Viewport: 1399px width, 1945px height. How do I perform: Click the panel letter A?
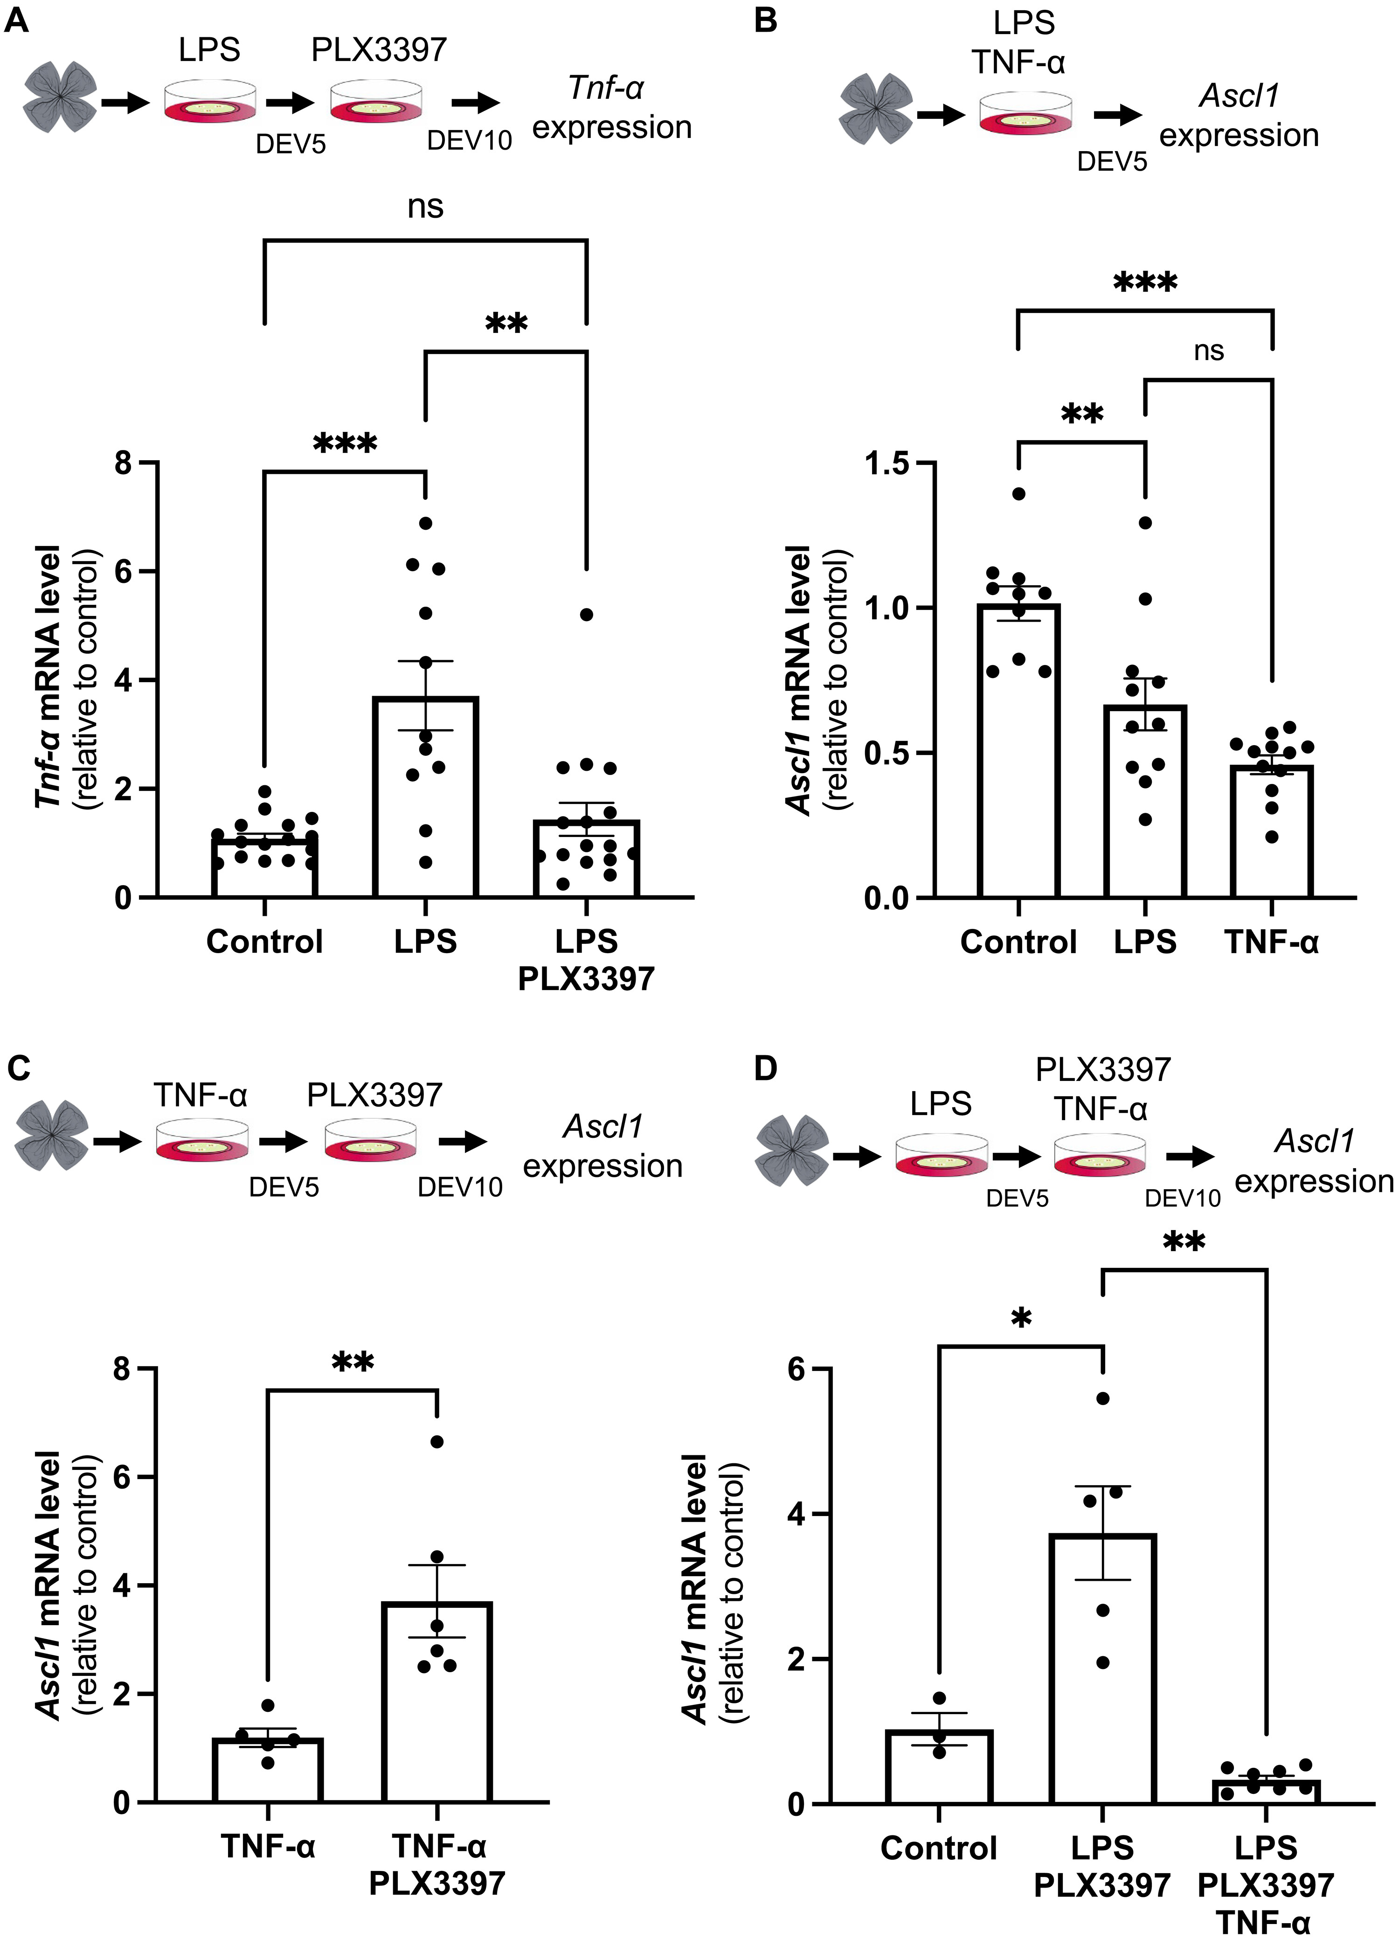(17, 21)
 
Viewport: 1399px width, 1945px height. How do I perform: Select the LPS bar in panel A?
(425, 797)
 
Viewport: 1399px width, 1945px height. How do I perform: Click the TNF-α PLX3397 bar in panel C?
(437, 1703)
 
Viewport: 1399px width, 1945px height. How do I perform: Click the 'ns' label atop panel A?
(425, 207)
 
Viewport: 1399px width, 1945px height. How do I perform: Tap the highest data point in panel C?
(437, 1441)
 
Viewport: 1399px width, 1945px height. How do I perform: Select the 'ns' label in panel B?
(1209, 351)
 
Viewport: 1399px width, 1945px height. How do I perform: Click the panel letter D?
(766, 1068)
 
